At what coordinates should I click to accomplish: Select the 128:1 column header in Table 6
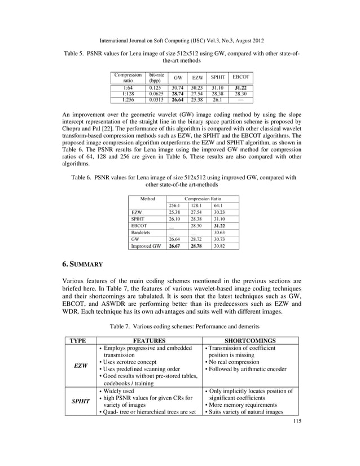[x=195, y=206]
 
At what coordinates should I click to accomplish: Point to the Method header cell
[x=147, y=199]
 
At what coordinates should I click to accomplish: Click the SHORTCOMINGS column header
[x=251, y=341]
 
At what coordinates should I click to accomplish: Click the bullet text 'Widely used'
[x=120, y=390]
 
